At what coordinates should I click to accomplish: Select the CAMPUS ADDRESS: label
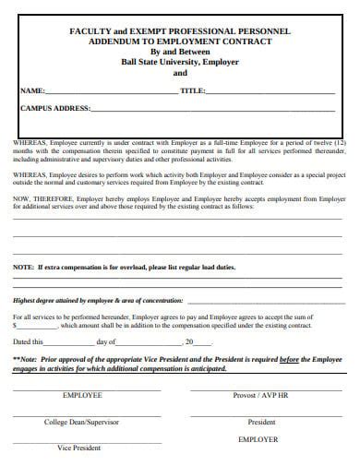(x=54, y=109)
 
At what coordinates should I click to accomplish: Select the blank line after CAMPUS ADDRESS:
(x=212, y=111)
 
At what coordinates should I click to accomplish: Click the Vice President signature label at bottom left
(x=78, y=448)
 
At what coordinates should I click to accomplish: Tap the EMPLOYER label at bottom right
(x=258, y=439)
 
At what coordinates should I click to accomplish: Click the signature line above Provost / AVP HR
(x=261, y=388)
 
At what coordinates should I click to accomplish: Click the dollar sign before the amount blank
(x=15, y=326)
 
